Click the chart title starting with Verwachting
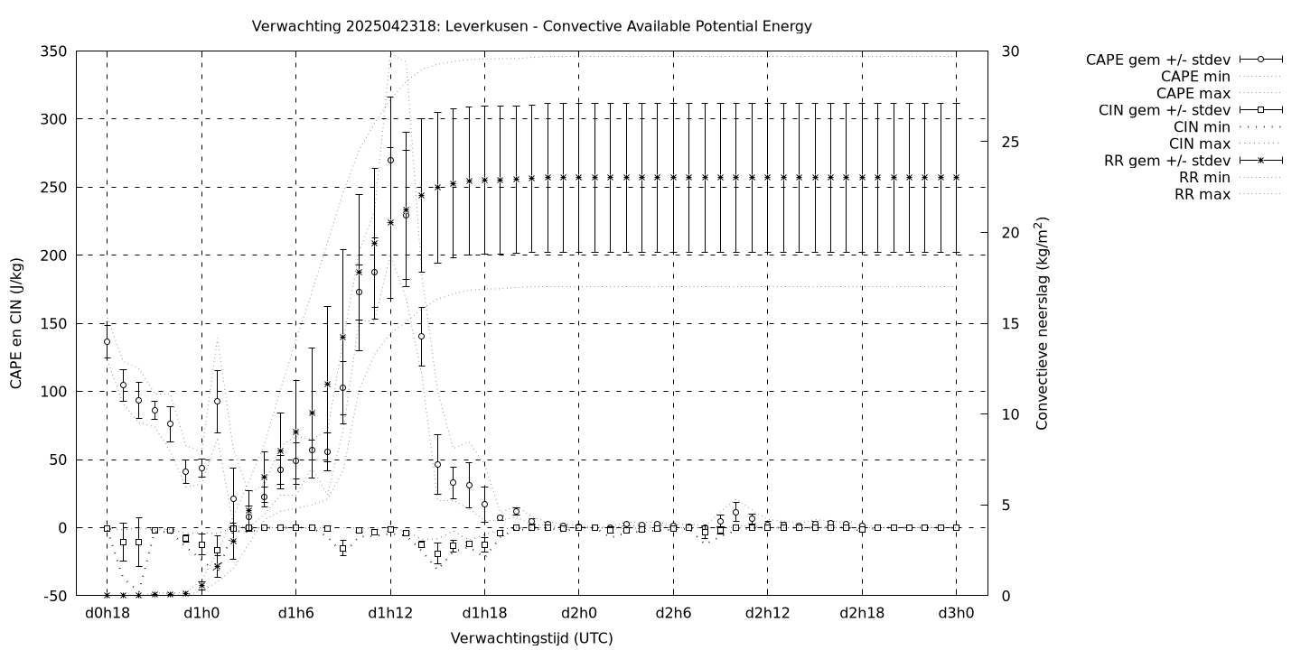tap(531, 26)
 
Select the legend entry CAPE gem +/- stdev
tap(1157, 60)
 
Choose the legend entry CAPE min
tap(1195, 77)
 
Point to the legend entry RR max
tap(1202, 194)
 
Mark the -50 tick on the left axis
tap(55, 596)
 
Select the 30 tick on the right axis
tap(1012, 51)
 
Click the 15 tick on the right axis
tap(1012, 323)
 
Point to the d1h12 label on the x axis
tap(390, 614)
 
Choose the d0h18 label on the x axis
tap(107, 614)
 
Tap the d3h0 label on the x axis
tap(956, 614)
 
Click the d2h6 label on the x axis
tap(673, 614)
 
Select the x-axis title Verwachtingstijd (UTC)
tap(531, 638)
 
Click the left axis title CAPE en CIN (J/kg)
tap(16, 323)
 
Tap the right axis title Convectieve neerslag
tap(1043, 323)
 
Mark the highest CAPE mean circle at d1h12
tap(390, 160)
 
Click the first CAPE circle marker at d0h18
tap(107, 341)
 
